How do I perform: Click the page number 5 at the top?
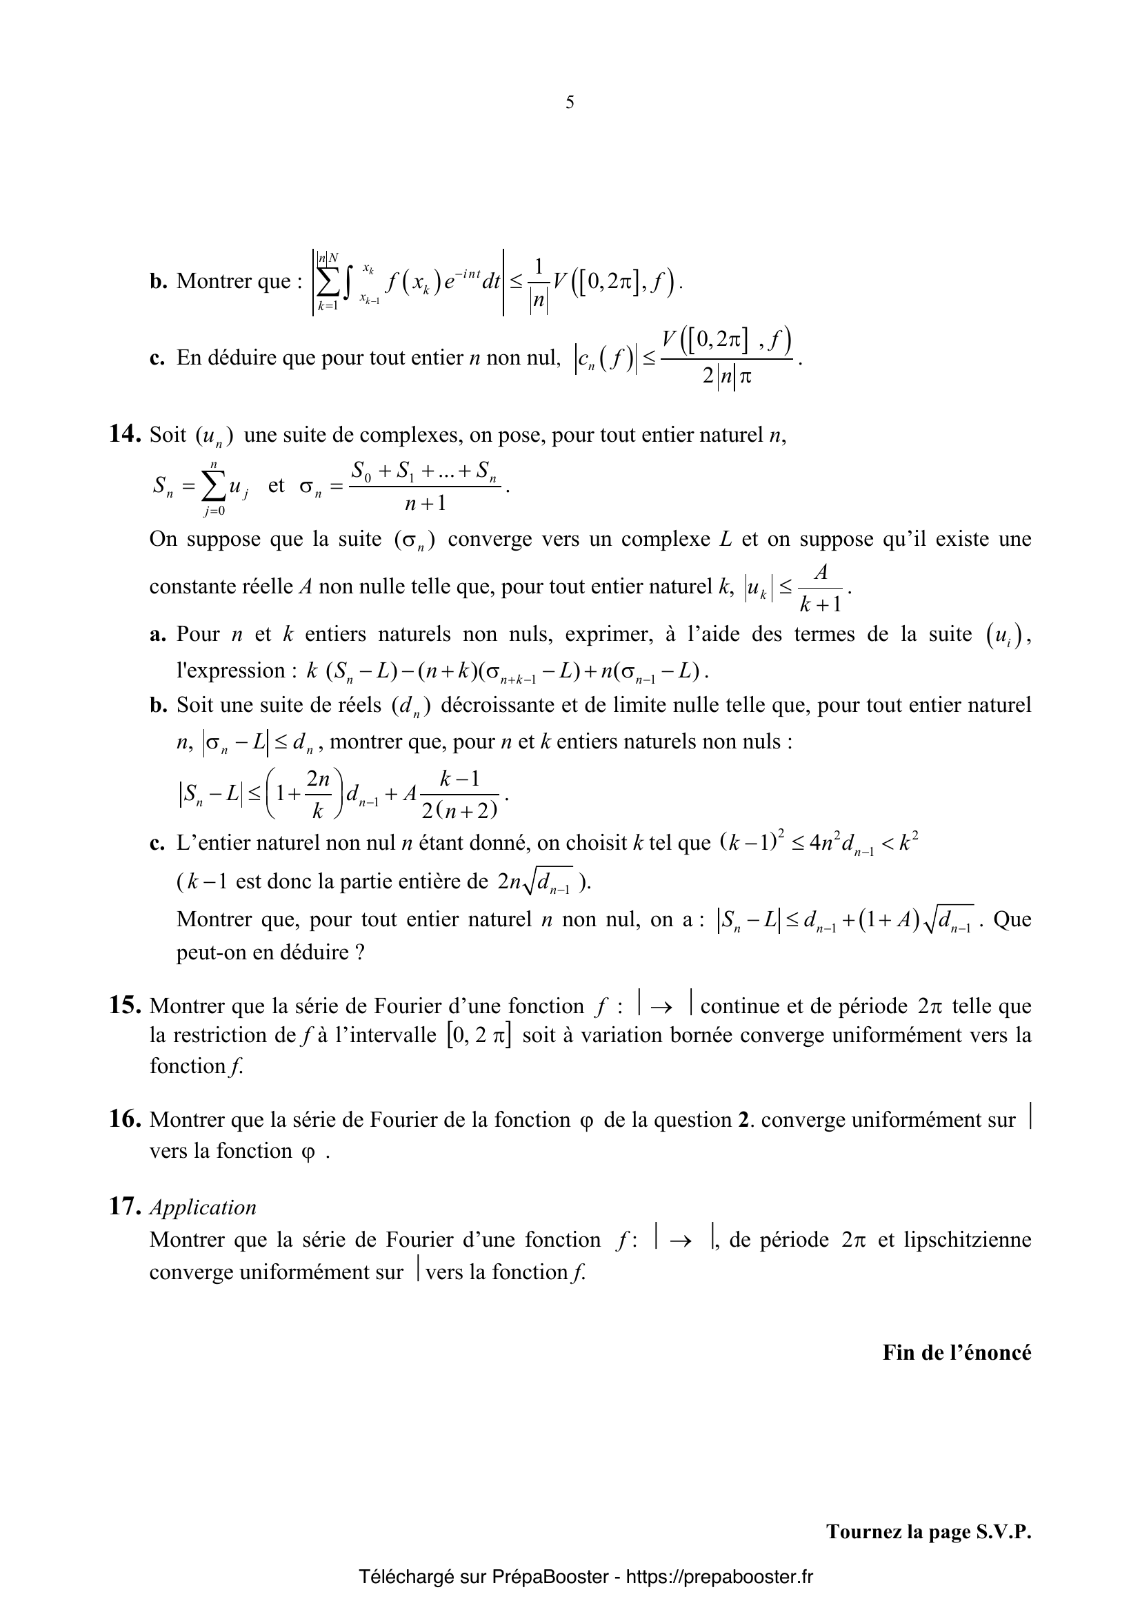coord(570,103)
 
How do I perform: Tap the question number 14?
coord(126,435)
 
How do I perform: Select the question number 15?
coord(126,1006)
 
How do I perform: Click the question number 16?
coord(126,1119)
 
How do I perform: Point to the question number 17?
coord(126,1206)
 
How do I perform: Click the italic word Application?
coord(203,1207)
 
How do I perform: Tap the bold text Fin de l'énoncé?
coord(957,1352)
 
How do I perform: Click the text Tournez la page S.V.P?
coord(928,1532)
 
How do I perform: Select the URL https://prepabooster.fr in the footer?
coord(719,1578)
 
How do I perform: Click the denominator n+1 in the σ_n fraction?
coord(426,504)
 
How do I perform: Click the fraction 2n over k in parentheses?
coord(317,795)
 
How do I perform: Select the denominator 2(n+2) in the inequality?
coord(460,811)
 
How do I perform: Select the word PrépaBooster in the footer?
coord(550,1578)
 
